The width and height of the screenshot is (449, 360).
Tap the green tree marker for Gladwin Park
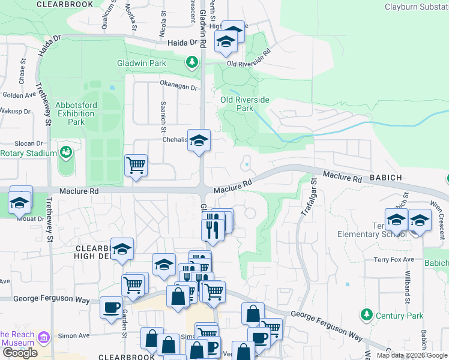point(192,62)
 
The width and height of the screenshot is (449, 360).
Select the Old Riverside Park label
point(245,104)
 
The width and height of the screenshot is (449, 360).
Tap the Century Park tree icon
point(366,314)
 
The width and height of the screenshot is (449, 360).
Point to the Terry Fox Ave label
point(394,259)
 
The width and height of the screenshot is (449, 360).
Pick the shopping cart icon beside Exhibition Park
point(136,165)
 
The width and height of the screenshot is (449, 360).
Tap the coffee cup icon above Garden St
point(110,307)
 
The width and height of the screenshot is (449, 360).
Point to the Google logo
point(20,353)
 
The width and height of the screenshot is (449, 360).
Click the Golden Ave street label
point(19,95)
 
